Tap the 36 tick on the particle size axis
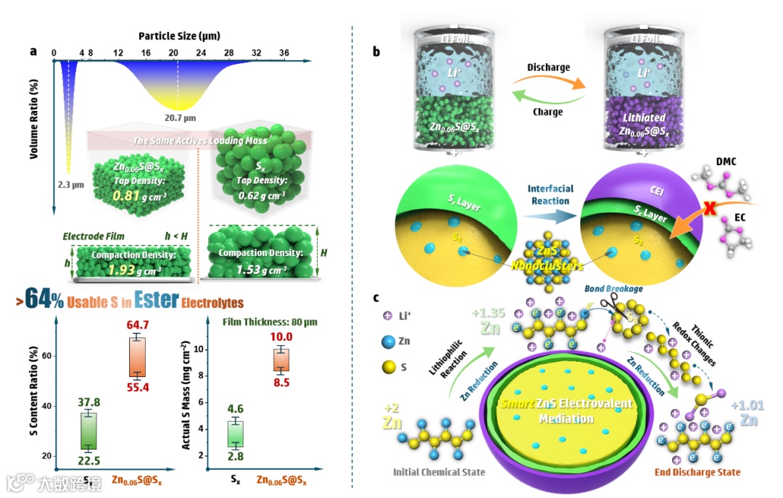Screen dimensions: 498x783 pos(284,53)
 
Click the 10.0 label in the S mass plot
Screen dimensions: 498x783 pos(281,337)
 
